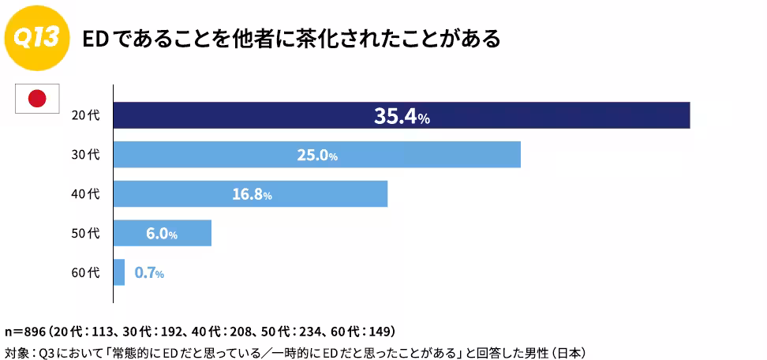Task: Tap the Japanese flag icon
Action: click(x=37, y=99)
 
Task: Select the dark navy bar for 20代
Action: click(x=402, y=115)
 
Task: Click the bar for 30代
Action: click(x=317, y=155)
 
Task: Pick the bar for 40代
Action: click(x=250, y=193)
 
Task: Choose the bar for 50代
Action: click(x=163, y=233)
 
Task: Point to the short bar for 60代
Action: click(x=119, y=272)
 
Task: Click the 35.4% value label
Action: click(x=402, y=116)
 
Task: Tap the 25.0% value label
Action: click(x=317, y=156)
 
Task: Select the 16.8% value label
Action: click(x=252, y=195)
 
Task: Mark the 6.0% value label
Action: click(x=162, y=234)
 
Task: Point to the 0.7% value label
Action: click(x=149, y=273)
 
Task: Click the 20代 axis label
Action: click(x=85, y=116)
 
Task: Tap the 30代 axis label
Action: click(x=85, y=155)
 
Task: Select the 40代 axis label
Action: click(x=85, y=194)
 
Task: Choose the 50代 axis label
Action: click(x=85, y=234)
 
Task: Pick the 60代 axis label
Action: click(x=85, y=272)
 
